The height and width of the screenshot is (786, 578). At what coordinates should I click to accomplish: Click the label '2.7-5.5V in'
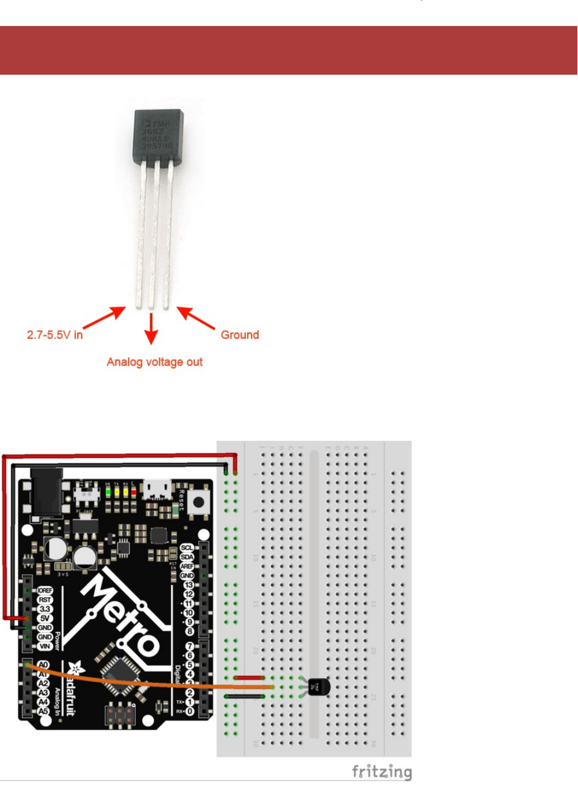(x=54, y=335)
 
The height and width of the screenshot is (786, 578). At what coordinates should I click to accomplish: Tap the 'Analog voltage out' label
(x=154, y=362)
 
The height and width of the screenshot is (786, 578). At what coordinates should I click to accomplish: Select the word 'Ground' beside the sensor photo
(x=239, y=335)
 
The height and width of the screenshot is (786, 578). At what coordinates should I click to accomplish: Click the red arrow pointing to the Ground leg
(x=196, y=318)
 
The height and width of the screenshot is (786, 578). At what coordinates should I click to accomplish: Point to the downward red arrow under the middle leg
(x=151, y=328)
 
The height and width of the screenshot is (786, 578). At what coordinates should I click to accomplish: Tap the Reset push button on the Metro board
(x=199, y=502)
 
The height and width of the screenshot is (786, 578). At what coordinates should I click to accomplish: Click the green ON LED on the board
(x=108, y=492)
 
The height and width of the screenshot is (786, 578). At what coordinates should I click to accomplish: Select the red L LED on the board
(x=133, y=492)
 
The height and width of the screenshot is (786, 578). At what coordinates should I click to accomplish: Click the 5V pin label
(x=45, y=618)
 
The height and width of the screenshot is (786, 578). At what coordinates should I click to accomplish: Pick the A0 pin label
(x=43, y=665)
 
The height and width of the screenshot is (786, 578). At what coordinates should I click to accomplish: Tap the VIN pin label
(x=45, y=646)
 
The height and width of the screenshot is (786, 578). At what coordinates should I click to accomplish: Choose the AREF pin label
(x=187, y=566)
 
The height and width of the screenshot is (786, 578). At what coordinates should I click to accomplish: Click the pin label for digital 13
(x=188, y=585)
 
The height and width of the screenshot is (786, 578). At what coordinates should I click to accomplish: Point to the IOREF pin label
(x=45, y=590)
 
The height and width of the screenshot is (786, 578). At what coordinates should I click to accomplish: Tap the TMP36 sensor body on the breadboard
(x=318, y=688)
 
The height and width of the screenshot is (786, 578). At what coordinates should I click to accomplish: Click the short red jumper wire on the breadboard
(x=249, y=677)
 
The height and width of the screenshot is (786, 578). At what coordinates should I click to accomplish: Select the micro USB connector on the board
(x=158, y=489)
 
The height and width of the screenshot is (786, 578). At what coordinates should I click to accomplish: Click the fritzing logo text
(x=381, y=772)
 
